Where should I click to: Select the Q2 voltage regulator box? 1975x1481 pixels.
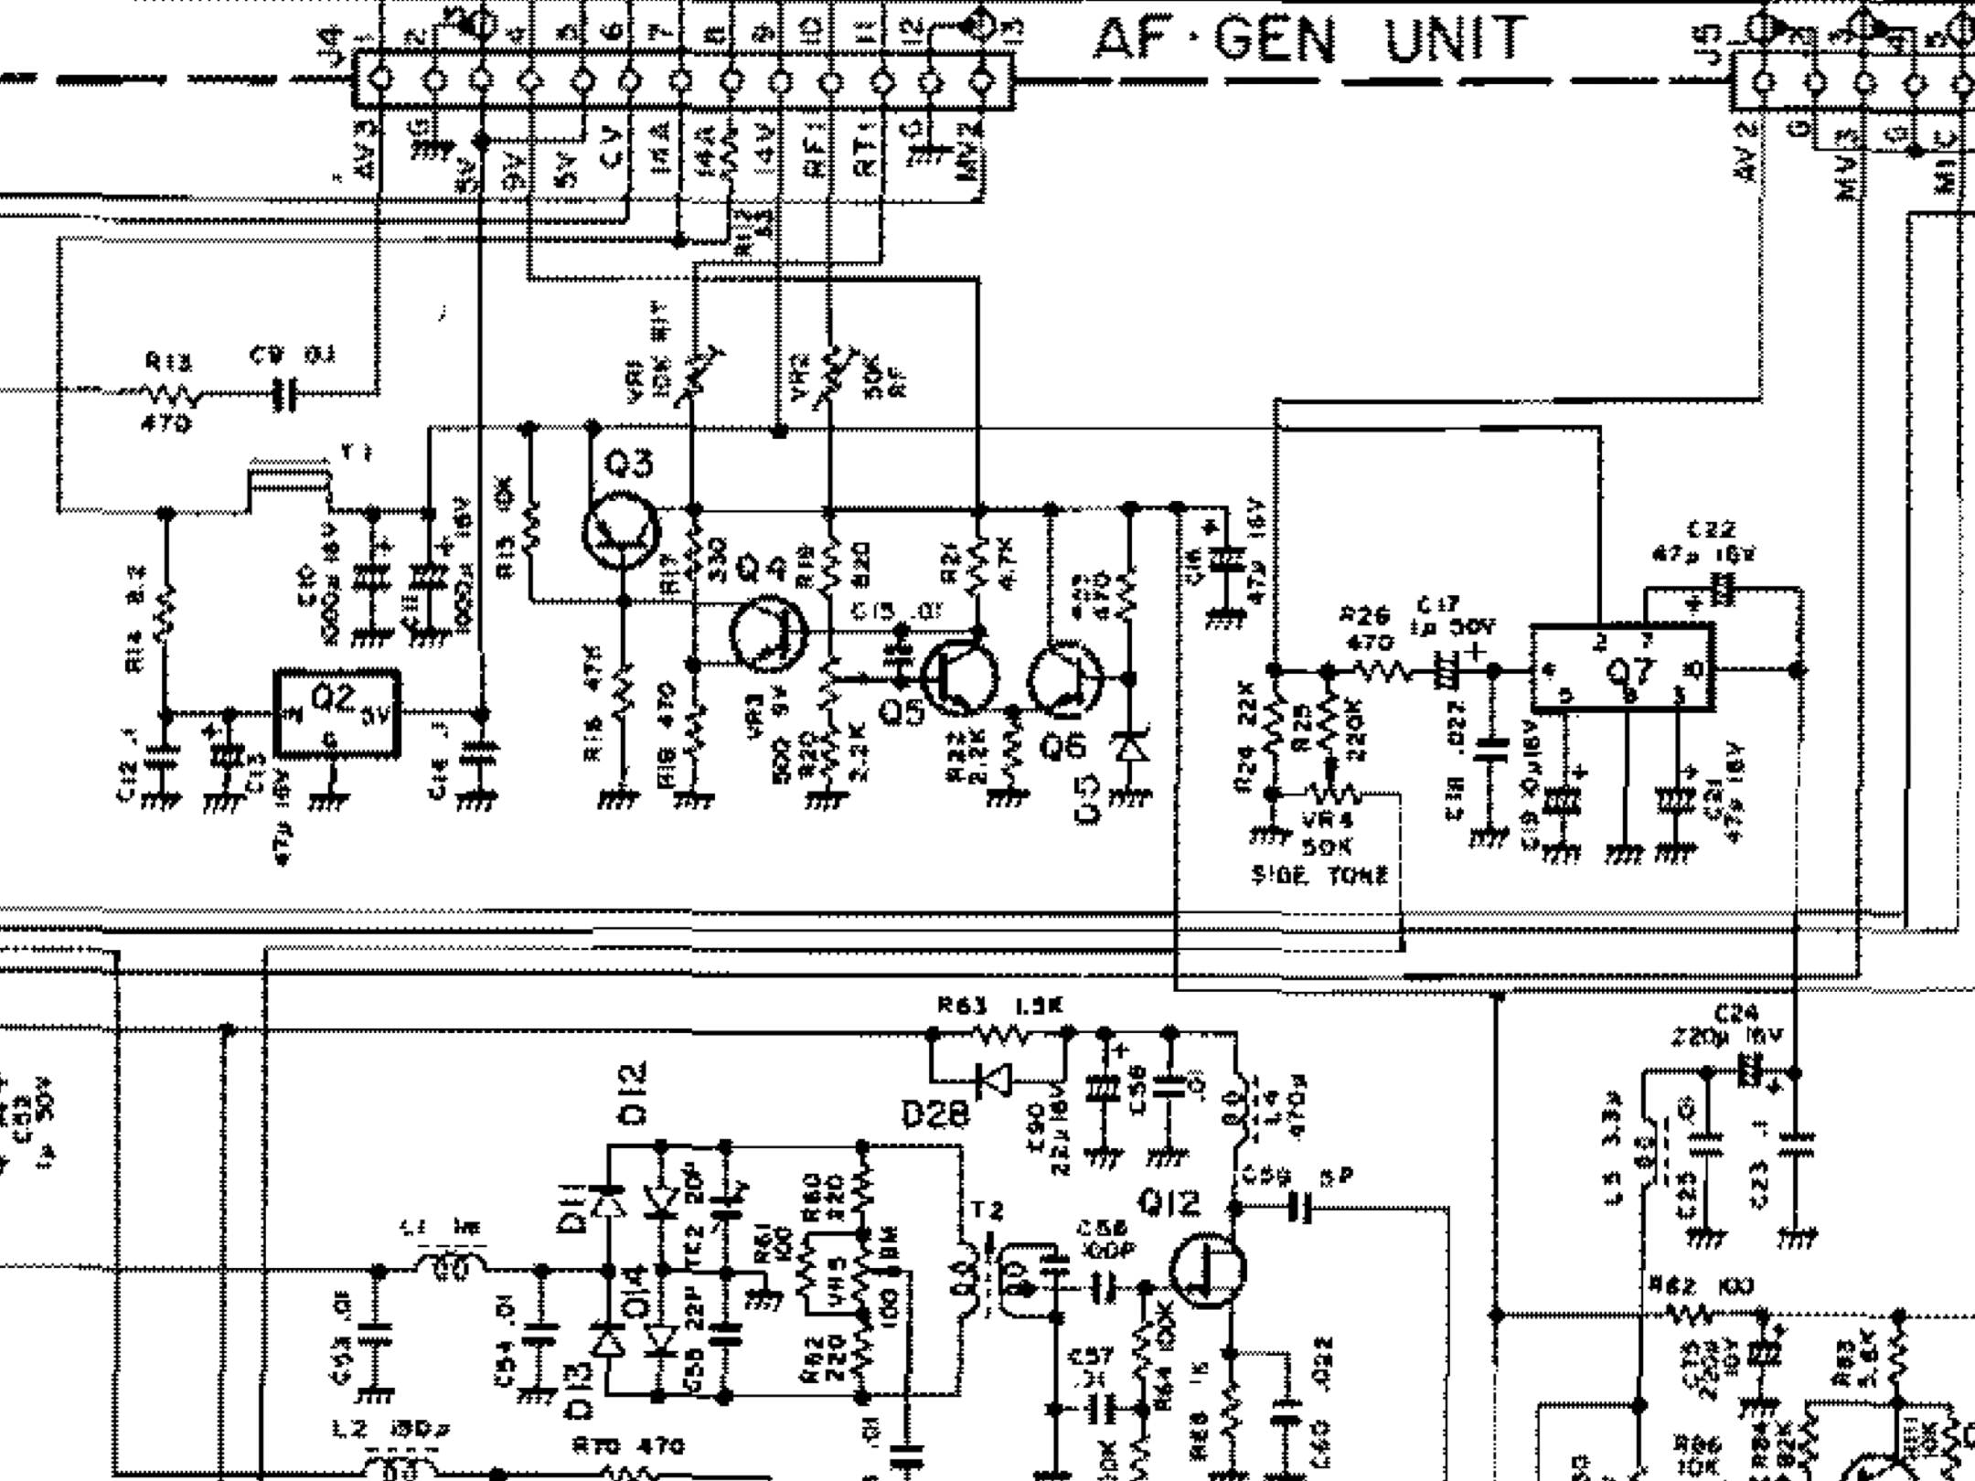point(337,714)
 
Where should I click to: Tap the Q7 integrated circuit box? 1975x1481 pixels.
point(1623,668)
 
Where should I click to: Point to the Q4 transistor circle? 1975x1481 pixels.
point(768,634)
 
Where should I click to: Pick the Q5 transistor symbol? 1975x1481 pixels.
point(958,677)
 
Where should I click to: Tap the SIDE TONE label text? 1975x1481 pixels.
point(1319,876)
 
